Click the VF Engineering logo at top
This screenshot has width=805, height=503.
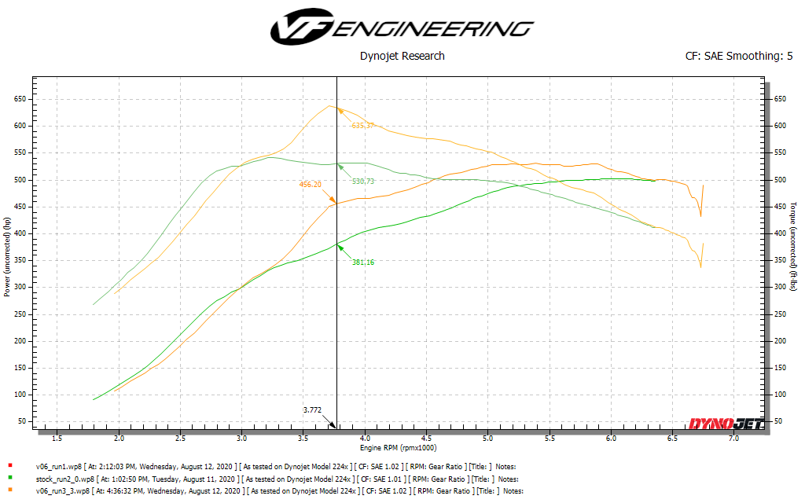point(402,28)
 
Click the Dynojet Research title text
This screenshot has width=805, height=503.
point(402,56)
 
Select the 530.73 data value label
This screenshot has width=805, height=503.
point(362,181)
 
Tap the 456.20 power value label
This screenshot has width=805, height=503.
point(310,185)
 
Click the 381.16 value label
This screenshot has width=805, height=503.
point(362,262)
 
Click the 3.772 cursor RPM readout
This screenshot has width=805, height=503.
point(313,409)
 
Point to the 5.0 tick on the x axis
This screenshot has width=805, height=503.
point(487,438)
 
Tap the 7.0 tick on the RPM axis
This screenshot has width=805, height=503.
point(733,438)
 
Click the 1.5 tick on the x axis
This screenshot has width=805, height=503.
point(57,438)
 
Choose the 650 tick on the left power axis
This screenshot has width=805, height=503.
point(20,99)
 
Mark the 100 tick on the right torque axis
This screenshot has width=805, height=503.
point(777,395)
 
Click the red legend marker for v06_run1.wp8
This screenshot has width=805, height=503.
point(9,465)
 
